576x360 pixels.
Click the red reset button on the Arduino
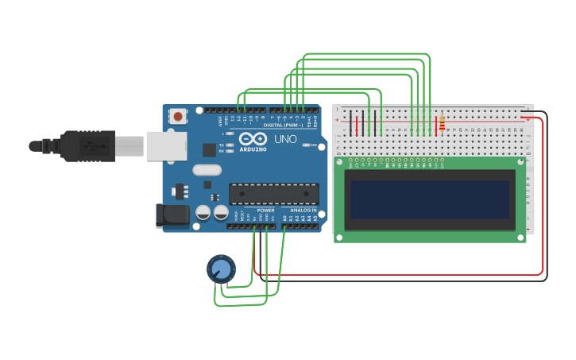[x=177, y=116]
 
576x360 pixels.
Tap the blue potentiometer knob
[x=221, y=269]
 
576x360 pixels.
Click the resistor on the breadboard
[x=442, y=124]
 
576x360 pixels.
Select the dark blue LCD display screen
[x=430, y=199]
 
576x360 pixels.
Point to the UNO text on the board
[x=285, y=140]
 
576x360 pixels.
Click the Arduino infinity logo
[x=253, y=139]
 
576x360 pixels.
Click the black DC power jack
[x=172, y=213]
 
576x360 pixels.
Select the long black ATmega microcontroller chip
[x=274, y=194]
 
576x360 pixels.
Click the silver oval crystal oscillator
[x=207, y=169]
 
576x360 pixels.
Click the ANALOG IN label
[x=303, y=211]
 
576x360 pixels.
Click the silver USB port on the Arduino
[x=166, y=145]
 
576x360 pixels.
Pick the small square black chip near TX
[x=209, y=149]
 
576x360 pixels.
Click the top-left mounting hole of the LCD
[x=340, y=161]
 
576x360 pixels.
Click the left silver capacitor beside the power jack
[x=203, y=213]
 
